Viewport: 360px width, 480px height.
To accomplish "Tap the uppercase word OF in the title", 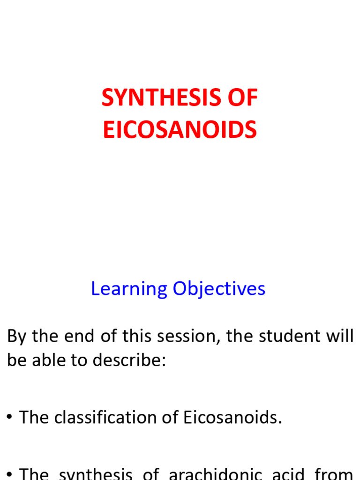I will click(x=243, y=98).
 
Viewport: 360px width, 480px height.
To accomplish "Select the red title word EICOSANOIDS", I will click(x=180, y=130).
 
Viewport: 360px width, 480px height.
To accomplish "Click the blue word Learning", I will click(x=129, y=289).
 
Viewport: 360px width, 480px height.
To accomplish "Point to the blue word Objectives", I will click(x=219, y=289).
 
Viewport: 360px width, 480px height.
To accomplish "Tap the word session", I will click(x=186, y=337).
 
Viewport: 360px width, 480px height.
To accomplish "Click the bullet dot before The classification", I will click(x=9, y=418).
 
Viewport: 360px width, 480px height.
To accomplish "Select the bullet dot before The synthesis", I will click(x=9, y=474).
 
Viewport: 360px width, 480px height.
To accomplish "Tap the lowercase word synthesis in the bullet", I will click(x=96, y=474).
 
